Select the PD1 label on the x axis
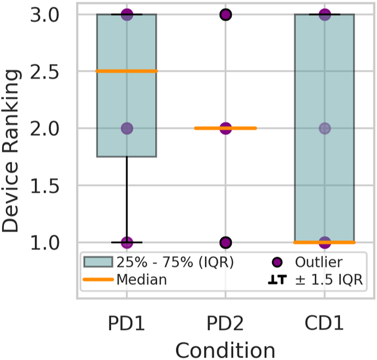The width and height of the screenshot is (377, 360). click(126, 324)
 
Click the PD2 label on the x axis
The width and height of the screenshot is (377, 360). click(225, 324)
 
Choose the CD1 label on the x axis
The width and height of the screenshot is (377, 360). click(324, 324)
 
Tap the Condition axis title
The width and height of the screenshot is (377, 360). click(225, 350)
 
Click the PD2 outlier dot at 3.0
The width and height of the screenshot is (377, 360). click(225, 15)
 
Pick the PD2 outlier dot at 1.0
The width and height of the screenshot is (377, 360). click(225, 242)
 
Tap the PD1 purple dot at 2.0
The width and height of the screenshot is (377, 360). click(126, 128)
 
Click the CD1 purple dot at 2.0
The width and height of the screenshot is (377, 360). click(324, 128)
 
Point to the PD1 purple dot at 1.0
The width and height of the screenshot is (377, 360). click(126, 242)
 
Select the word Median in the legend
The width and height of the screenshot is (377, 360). click(141, 279)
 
